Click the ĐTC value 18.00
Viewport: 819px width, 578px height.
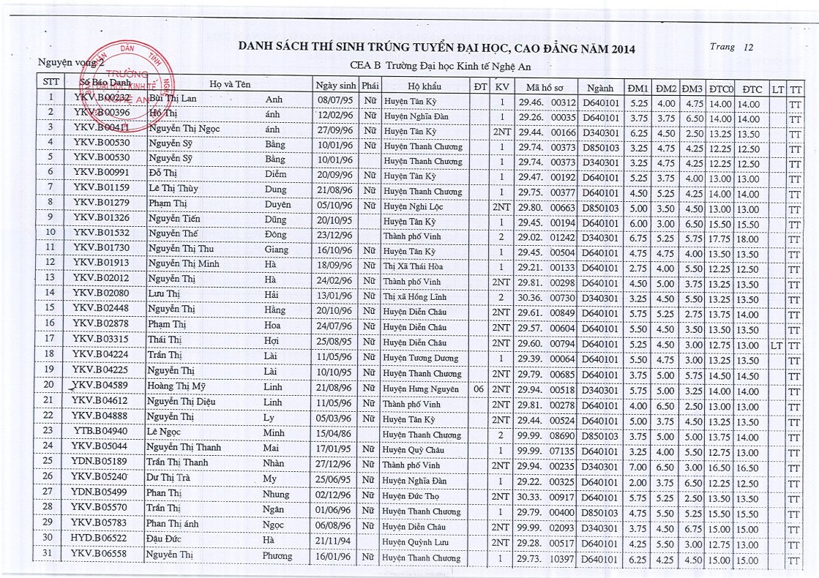747,239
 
